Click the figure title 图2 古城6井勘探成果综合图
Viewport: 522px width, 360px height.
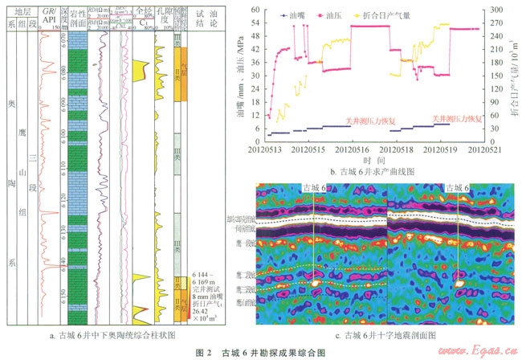[261, 350]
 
